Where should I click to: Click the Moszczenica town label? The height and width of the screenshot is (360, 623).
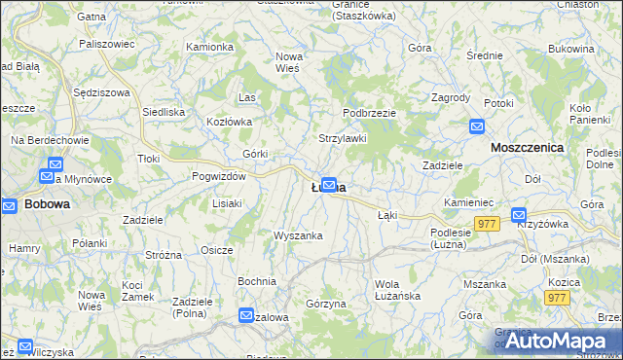(529, 146)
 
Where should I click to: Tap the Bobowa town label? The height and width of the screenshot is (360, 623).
(46, 204)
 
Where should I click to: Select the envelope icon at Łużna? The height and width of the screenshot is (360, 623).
(330, 184)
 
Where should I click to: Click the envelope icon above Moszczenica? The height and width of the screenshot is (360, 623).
(477, 126)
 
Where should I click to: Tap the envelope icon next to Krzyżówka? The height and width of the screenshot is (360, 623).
(519, 215)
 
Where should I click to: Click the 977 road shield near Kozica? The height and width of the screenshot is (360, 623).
(557, 298)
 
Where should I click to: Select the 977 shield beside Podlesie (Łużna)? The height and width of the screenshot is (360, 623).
(489, 223)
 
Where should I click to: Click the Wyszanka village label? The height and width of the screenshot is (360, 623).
(298, 235)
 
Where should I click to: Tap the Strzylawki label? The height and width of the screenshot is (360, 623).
(343, 138)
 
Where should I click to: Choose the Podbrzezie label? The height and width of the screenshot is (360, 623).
(369, 113)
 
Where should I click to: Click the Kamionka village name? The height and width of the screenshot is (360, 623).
(209, 47)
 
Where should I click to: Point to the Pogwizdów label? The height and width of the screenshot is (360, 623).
(219, 176)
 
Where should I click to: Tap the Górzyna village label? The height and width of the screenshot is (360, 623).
(326, 304)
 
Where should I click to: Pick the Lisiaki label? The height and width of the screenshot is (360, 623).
(227, 203)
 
